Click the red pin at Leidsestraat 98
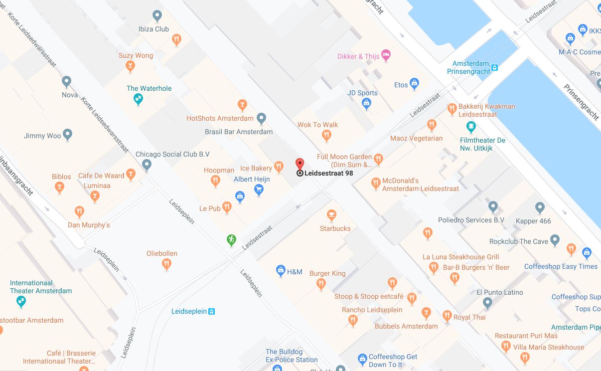(x=300, y=164)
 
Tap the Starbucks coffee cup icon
(x=331, y=215)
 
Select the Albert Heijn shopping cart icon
(x=259, y=189)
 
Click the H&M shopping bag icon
(x=281, y=271)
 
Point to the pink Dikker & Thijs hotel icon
(x=386, y=54)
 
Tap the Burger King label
(x=327, y=273)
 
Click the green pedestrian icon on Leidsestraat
(x=231, y=240)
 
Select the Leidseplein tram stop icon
(x=211, y=312)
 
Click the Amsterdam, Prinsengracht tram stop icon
(x=494, y=67)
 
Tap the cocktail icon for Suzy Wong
(x=130, y=66)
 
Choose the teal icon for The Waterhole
(x=139, y=99)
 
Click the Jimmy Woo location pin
(x=68, y=135)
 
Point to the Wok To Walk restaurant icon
(x=326, y=135)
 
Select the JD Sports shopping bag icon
(x=367, y=103)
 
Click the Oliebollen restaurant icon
(x=167, y=264)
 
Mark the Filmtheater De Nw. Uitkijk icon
(x=471, y=127)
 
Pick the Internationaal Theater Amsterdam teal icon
(x=21, y=301)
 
